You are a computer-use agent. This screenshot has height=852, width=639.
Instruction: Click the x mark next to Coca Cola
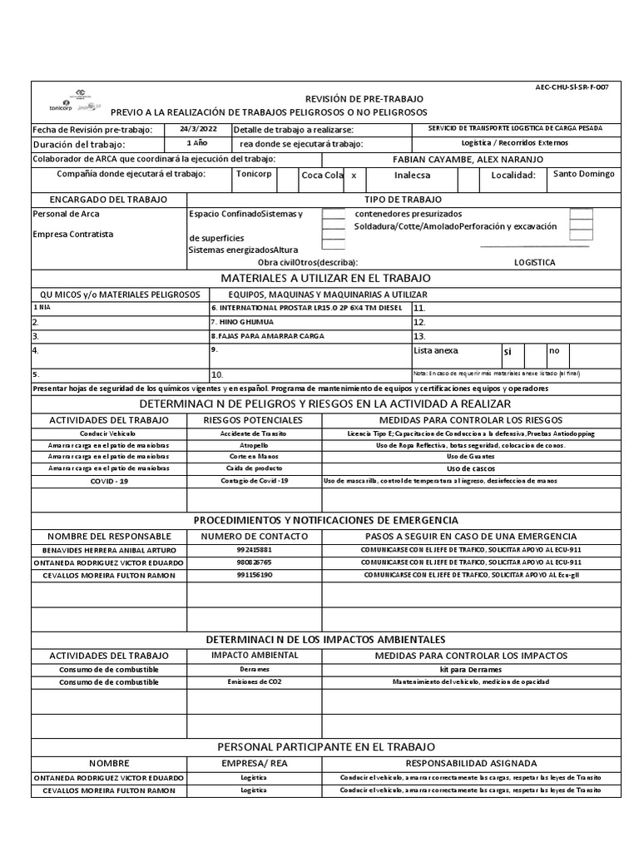[354, 176]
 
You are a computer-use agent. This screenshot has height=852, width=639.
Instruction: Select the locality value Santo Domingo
[583, 175]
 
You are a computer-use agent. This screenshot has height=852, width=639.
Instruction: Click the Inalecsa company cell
[414, 176]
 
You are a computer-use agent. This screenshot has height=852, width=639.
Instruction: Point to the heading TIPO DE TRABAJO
[404, 200]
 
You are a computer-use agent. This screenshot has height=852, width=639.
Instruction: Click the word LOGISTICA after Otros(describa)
[535, 262]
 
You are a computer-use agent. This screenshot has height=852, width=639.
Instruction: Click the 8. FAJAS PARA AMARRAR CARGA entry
[268, 336]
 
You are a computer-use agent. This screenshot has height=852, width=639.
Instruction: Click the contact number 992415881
[254, 551]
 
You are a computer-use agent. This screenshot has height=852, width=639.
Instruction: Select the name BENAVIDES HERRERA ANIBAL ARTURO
[108, 551]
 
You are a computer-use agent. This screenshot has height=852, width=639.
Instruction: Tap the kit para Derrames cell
[470, 669]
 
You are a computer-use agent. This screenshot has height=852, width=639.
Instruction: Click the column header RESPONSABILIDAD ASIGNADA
[470, 763]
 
